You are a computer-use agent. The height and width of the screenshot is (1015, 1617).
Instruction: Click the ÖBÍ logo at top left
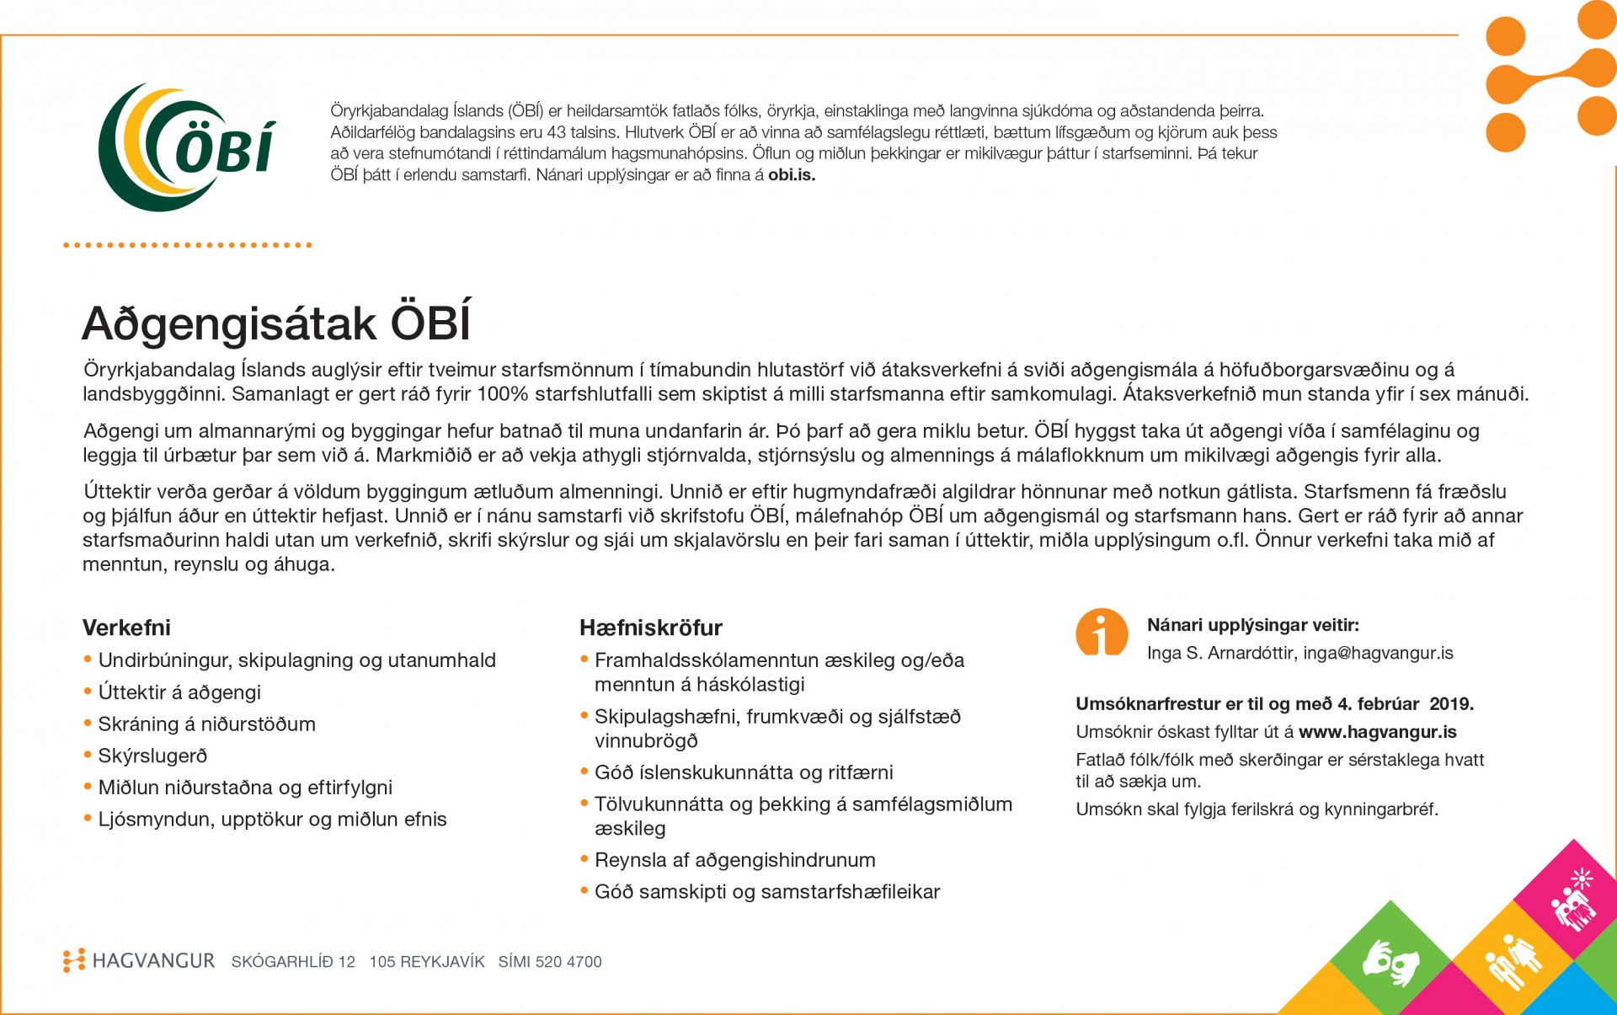pyautogui.click(x=187, y=147)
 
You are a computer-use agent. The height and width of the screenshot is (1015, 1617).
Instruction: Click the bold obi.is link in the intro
pyautogui.click(x=792, y=175)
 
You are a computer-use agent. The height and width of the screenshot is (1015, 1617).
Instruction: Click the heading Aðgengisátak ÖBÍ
pyautogui.click(x=276, y=323)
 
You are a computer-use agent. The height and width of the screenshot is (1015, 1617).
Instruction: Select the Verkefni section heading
pyautogui.click(x=126, y=628)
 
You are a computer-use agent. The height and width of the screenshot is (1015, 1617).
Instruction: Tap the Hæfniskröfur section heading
pyautogui.click(x=651, y=628)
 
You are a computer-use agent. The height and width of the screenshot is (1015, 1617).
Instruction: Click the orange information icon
pyautogui.click(x=1102, y=632)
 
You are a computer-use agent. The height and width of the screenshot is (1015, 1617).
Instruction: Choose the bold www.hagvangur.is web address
pyautogui.click(x=1378, y=732)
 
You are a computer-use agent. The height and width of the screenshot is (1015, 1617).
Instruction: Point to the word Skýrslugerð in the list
pyautogui.click(x=152, y=756)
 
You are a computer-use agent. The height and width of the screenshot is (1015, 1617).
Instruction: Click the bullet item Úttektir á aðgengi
pyautogui.click(x=179, y=692)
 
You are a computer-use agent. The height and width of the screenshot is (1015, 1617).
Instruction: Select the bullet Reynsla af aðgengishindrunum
pyautogui.click(x=734, y=860)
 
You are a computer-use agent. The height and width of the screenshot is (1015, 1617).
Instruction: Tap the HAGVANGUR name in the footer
pyautogui.click(x=153, y=961)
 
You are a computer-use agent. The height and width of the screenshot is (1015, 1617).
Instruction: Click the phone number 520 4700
pyautogui.click(x=568, y=962)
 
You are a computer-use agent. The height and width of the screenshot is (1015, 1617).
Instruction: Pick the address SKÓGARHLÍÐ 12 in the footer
pyautogui.click(x=293, y=962)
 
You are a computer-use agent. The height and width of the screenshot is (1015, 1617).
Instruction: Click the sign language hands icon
pyautogui.click(x=1391, y=961)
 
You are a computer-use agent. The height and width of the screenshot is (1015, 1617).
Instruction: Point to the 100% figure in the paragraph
pyautogui.click(x=503, y=394)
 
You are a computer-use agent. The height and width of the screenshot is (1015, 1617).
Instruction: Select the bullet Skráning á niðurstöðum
pyautogui.click(x=206, y=724)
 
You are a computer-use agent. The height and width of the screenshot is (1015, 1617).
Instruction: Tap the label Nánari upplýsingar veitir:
pyautogui.click(x=1253, y=625)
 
